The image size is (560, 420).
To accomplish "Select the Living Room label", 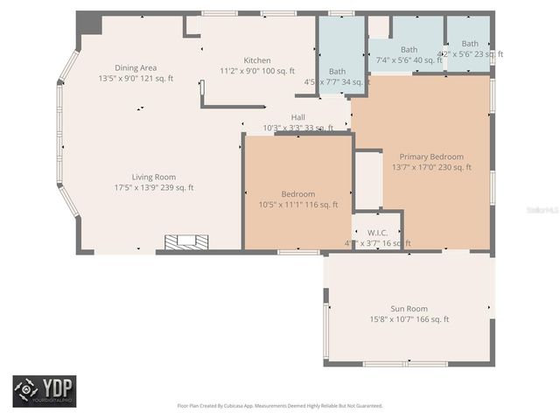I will click(x=154, y=177).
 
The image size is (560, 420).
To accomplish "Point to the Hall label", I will click(x=298, y=117).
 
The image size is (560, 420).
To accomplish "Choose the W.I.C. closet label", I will click(x=377, y=232).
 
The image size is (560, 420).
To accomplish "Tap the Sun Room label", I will click(x=409, y=309).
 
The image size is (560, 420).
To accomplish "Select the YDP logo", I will click(x=45, y=390).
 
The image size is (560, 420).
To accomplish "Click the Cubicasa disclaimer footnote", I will click(x=280, y=406).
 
